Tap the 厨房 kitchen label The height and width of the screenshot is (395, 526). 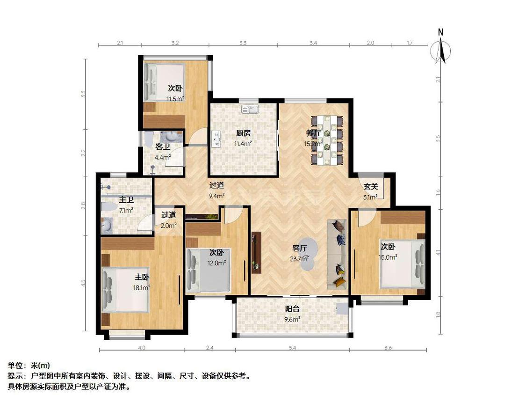pos(243,132)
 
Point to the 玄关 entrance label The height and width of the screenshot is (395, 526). pos(371,186)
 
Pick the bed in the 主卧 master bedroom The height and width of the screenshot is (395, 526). pos(125,290)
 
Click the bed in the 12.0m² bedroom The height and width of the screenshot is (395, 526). pos(208,271)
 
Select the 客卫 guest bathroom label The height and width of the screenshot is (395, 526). pos(162,146)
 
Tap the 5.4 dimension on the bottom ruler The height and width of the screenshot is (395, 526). pos(292,348)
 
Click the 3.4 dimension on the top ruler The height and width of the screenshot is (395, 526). pos(313,43)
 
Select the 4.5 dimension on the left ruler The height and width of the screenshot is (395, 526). pos(84,284)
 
